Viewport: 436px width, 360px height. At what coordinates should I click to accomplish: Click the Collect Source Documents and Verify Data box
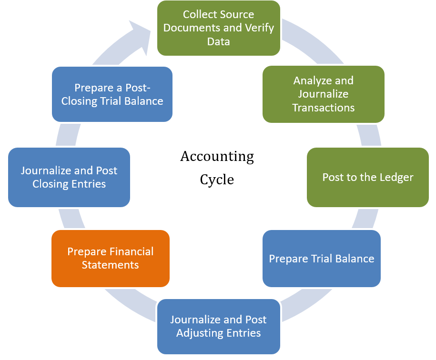click(219, 28)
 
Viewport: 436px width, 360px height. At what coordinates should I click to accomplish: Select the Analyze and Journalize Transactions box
click(324, 94)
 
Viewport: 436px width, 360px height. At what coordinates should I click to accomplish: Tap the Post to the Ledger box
click(368, 177)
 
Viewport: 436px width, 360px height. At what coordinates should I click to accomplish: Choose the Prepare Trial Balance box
click(322, 259)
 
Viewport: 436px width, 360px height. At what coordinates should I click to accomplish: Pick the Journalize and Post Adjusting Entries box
click(219, 326)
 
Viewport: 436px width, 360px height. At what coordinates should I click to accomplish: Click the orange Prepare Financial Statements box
click(111, 258)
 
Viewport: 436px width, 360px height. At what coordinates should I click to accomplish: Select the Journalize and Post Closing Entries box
click(69, 177)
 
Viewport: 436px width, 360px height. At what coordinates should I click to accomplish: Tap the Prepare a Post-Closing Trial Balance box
click(112, 94)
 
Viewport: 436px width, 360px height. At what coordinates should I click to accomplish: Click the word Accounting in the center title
click(217, 156)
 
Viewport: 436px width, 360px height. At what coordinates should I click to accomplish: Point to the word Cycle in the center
click(217, 180)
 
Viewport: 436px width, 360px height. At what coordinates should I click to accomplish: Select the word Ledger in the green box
click(395, 178)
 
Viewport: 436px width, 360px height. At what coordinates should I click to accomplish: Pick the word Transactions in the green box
click(324, 108)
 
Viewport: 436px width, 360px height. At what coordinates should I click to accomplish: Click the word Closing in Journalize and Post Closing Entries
click(50, 184)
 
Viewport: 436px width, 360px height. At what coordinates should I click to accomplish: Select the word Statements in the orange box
click(110, 265)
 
